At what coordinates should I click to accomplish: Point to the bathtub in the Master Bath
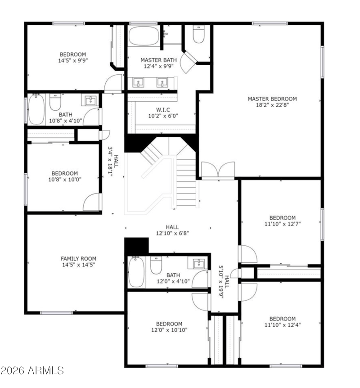(144, 36)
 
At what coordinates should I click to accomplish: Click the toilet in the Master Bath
(199, 34)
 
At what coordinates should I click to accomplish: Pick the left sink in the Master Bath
(138, 82)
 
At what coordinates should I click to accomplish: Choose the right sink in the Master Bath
(162, 82)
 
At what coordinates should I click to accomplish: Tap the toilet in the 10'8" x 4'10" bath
(55, 102)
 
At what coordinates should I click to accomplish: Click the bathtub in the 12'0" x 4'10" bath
(136, 272)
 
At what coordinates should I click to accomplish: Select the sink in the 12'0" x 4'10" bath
(198, 264)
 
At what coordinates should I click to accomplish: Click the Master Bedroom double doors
(218, 170)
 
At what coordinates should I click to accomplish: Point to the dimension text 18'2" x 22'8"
(272, 105)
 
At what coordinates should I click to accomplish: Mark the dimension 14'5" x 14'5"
(78, 265)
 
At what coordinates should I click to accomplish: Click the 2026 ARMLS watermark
(32, 370)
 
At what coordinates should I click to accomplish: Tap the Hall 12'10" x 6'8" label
(172, 230)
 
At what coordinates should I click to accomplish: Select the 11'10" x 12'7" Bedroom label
(283, 221)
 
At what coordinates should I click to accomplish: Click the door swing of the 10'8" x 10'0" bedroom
(92, 202)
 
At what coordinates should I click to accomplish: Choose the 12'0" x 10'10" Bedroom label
(169, 327)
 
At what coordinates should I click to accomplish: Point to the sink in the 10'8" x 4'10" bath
(90, 100)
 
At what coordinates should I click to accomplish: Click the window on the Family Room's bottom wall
(57, 313)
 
